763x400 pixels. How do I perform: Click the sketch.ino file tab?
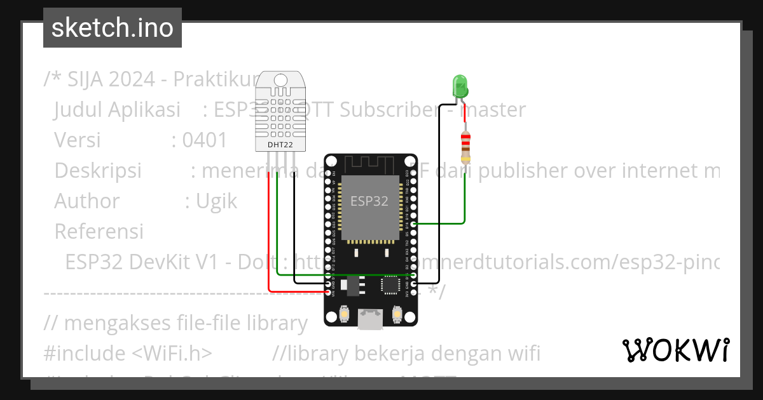pos(113,28)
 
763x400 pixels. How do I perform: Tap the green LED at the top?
pos(458,86)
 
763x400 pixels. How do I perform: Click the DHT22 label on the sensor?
pos(280,145)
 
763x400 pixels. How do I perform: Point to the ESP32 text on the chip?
pos(369,201)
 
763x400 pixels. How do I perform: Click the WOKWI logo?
pos(675,350)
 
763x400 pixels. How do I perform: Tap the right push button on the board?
pos(397,314)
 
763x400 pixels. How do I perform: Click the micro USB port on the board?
pos(371,317)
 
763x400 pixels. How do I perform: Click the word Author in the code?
pos(86,201)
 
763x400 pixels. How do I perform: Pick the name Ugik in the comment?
pos(216,201)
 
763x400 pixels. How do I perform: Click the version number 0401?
pos(204,140)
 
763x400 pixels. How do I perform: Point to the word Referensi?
pos(99,232)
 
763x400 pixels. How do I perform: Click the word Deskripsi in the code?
pos(98,171)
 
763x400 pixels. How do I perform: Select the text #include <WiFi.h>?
pos(128,353)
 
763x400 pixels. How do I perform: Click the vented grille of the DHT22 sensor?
pos(280,112)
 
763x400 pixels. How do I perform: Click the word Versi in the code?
pos(77,140)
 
